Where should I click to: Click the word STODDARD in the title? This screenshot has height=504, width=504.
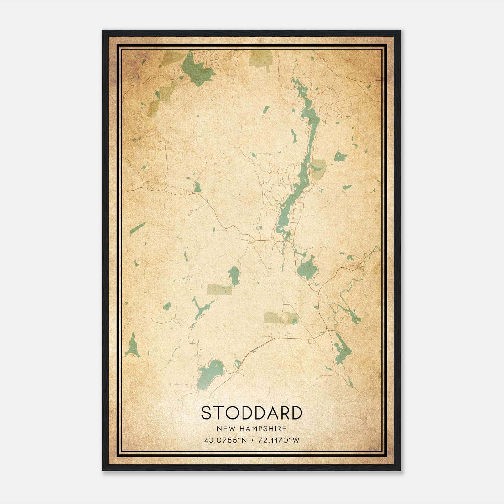tap(251, 413)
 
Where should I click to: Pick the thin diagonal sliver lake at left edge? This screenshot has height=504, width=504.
tap(138, 228)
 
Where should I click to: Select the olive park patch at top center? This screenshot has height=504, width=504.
tap(261, 58)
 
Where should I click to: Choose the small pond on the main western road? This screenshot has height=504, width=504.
tap(198, 187)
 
